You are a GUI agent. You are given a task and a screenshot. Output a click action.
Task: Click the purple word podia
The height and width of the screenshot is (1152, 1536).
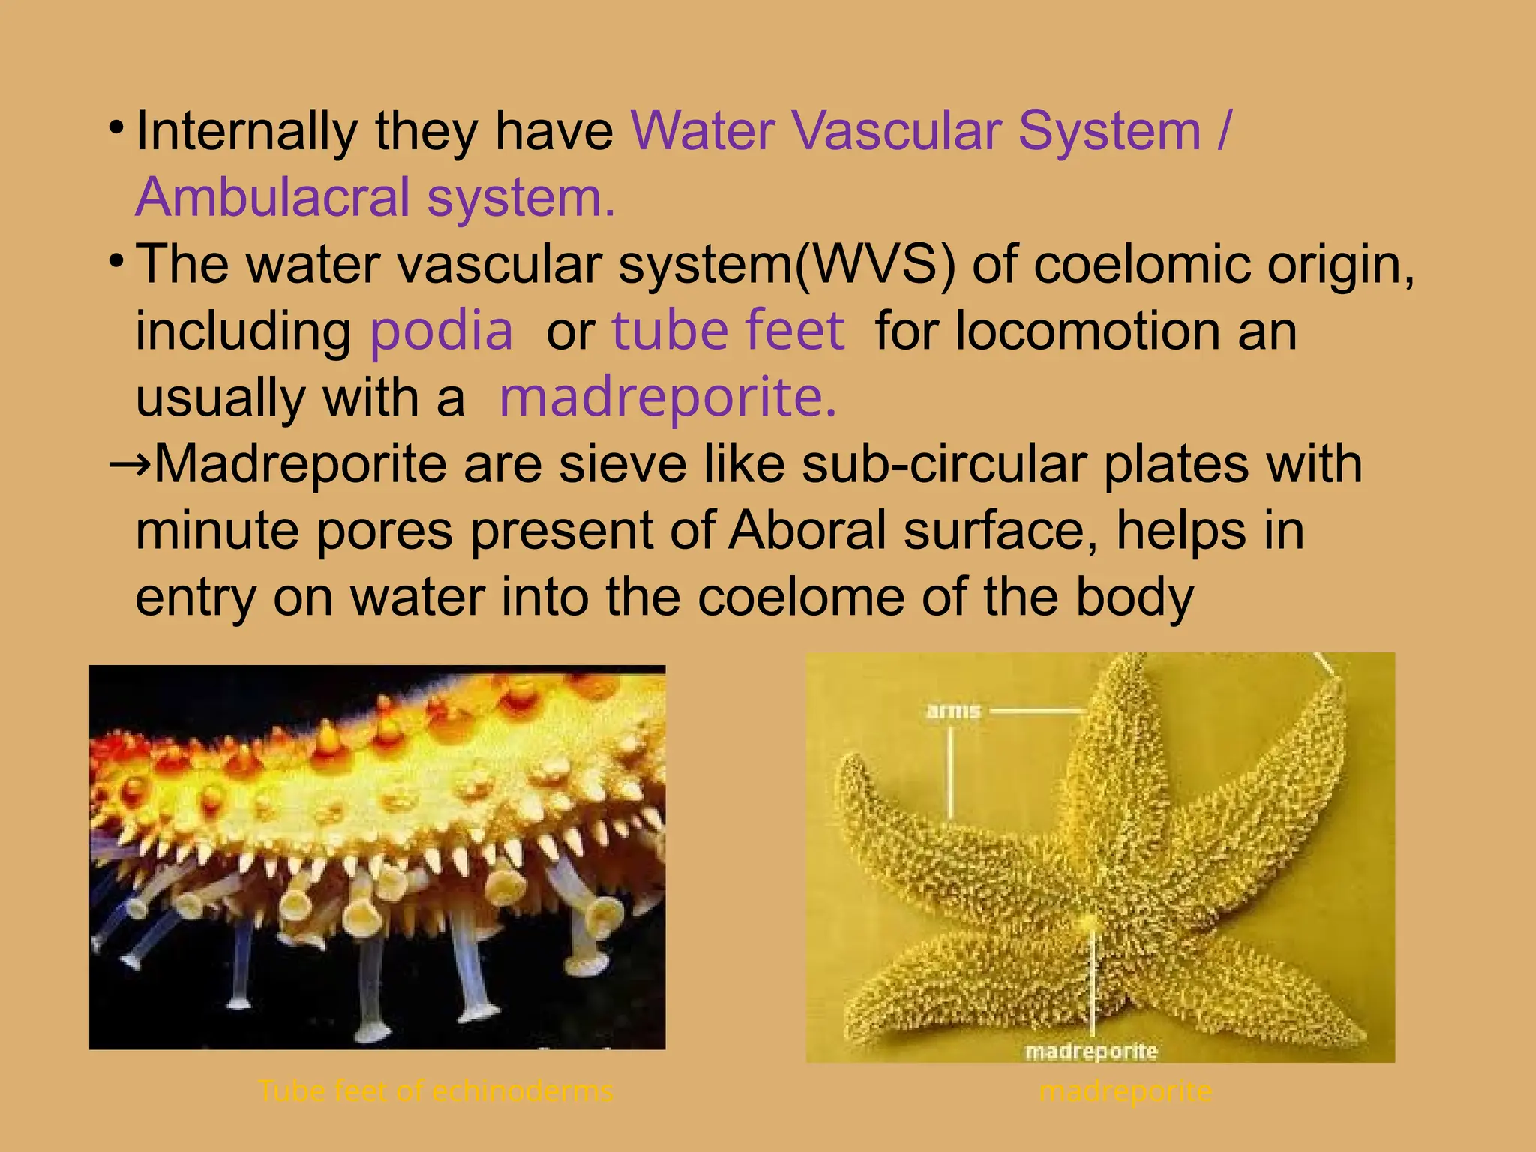click(441, 331)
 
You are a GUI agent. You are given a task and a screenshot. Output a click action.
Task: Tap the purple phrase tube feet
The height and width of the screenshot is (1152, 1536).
click(727, 331)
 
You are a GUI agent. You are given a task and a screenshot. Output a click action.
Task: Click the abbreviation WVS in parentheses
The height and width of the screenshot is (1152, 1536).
click(875, 265)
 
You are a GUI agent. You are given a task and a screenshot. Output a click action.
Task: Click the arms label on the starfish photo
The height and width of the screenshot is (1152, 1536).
click(953, 710)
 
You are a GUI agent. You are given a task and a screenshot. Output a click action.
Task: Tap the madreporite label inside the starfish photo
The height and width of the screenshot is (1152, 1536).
click(1090, 1051)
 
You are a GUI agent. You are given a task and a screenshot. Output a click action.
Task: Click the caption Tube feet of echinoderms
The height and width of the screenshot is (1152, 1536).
click(435, 1090)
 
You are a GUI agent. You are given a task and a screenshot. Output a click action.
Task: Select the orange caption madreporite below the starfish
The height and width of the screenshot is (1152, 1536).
click(1125, 1090)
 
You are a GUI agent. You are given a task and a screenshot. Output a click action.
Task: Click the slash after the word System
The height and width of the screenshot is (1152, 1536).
click(1223, 131)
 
